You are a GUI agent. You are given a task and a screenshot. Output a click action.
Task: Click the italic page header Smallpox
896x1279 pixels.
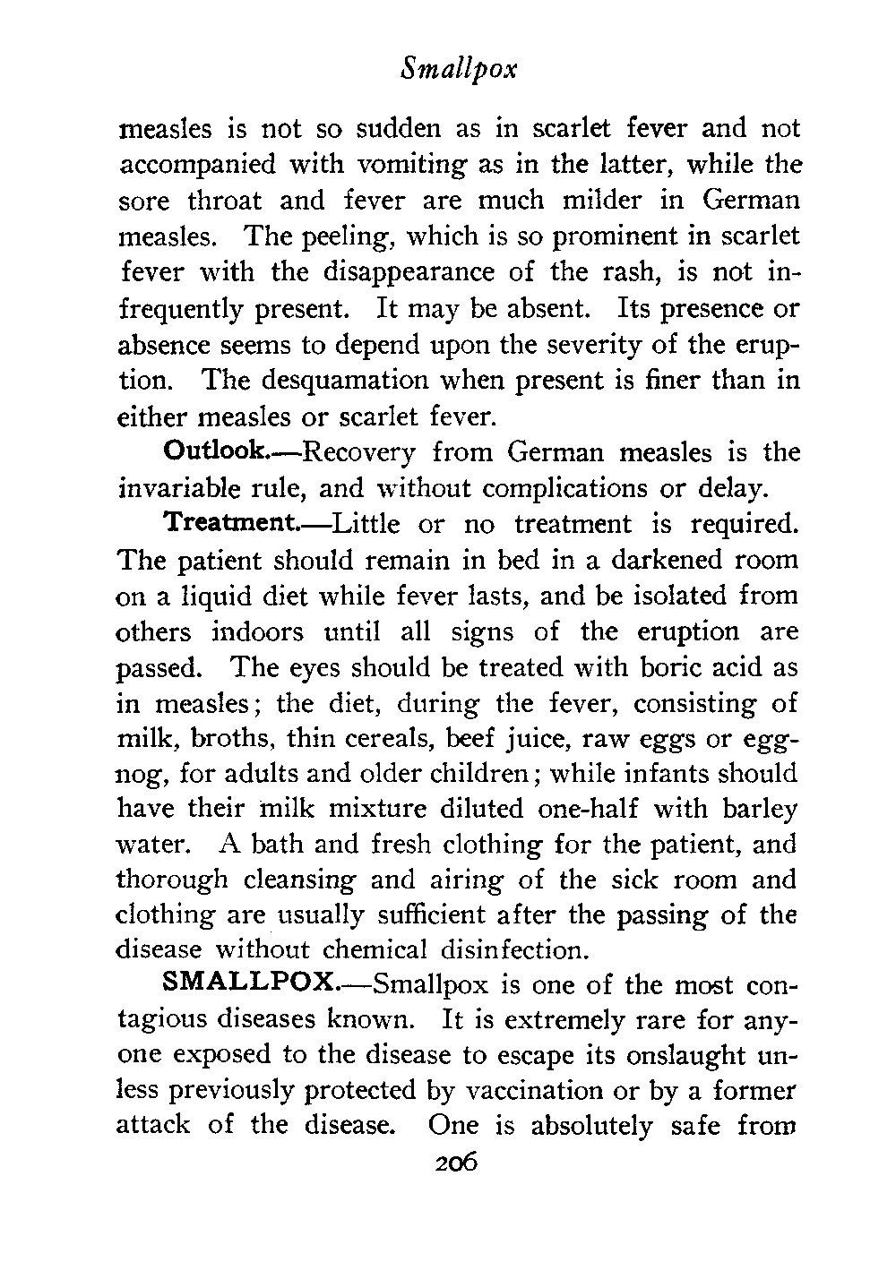[x=458, y=69]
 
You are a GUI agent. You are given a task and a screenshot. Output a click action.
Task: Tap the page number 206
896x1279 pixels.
[x=457, y=1163]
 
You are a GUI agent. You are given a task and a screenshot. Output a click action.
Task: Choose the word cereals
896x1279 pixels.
[x=413, y=739]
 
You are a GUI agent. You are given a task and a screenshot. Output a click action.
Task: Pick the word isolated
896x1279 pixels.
[x=662, y=596]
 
